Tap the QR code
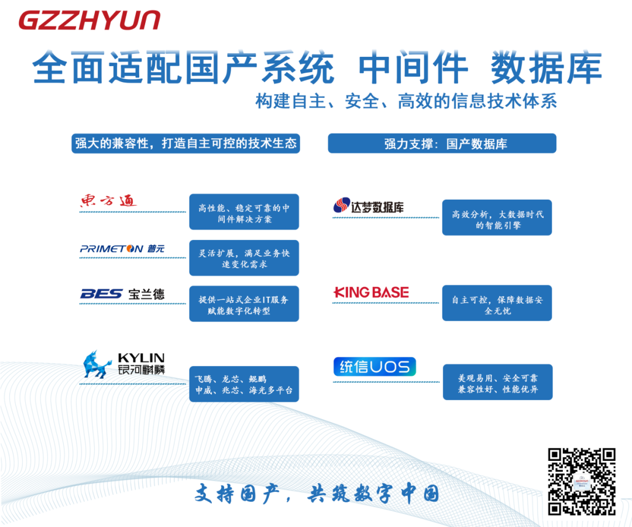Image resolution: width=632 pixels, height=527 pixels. [x=582, y=481]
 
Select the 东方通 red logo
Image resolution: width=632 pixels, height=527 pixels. [x=108, y=201]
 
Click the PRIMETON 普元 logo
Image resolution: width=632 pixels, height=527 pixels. [x=122, y=249]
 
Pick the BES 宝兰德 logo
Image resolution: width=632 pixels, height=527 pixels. [x=122, y=294]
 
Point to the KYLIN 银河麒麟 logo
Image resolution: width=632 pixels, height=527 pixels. [x=124, y=364]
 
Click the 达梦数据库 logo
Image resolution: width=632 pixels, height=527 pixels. [x=369, y=206]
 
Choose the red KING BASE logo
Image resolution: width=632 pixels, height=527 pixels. [x=371, y=292]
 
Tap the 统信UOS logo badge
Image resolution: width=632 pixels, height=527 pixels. [x=375, y=367]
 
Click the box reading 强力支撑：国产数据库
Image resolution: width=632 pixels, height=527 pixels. [x=442, y=143]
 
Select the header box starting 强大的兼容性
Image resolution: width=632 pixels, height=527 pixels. [x=186, y=143]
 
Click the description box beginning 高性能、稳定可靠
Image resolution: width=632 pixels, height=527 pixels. [x=244, y=212]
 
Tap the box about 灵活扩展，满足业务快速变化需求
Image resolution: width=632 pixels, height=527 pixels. [x=244, y=258]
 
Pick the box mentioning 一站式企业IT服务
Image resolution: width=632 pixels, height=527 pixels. [x=244, y=304]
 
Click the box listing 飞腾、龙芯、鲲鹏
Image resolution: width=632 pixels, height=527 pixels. [x=244, y=384]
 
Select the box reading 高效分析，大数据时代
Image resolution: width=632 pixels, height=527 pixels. [x=497, y=218]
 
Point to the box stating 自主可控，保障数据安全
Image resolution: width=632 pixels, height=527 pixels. [x=497, y=303]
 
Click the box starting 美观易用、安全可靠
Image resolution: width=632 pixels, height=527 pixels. [x=497, y=382]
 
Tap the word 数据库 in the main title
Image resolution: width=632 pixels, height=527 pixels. [x=547, y=69]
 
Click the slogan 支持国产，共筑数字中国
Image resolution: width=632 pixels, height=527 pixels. [x=317, y=494]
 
